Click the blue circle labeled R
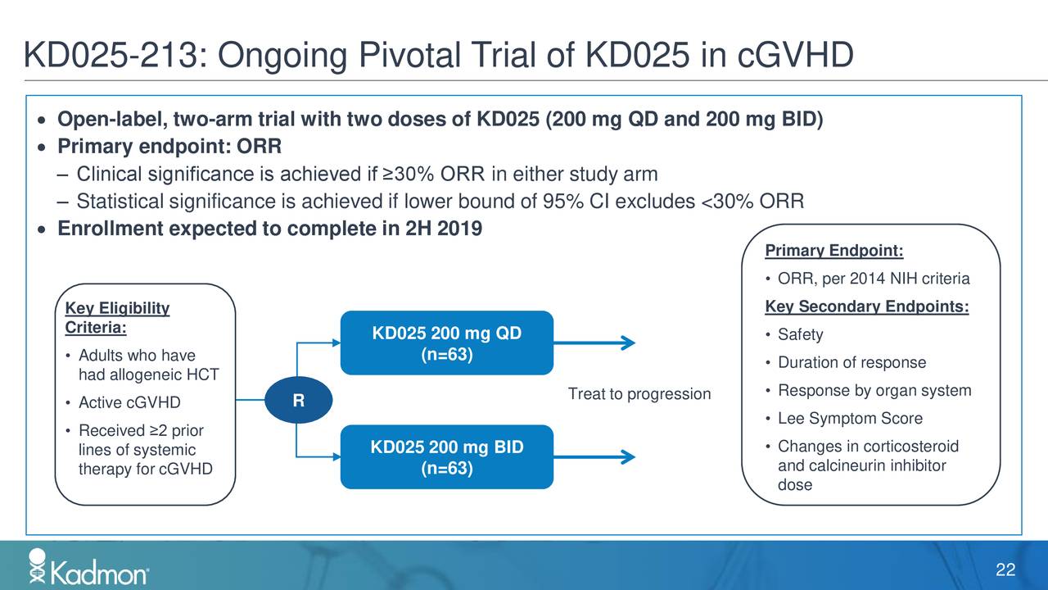click(x=298, y=401)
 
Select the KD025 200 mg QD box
click(x=446, y=343)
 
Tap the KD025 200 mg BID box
click(x=446, y=457)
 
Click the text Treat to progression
click(x=639, y=395)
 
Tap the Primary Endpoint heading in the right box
click(x=833, y=251)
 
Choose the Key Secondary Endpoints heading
click(x=866, y=307)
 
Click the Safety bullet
click(x=800, y=335)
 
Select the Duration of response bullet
click(x=851, y=363)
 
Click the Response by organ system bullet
click(x=874, y=391)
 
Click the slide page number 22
click(x=1005, y=570)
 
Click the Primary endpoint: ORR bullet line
click(x=169, y=147)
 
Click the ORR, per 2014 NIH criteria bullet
click(x=873, y=279)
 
